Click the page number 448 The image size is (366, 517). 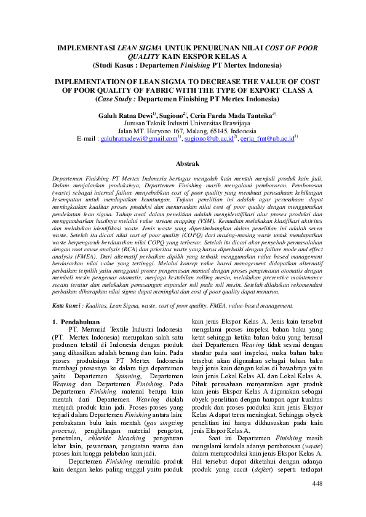point(317,501)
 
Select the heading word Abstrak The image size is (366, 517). point(187,164)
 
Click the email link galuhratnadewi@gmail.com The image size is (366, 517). point(138,139)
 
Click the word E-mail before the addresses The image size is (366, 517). point(84,139)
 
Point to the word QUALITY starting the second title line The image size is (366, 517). point(128,56)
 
